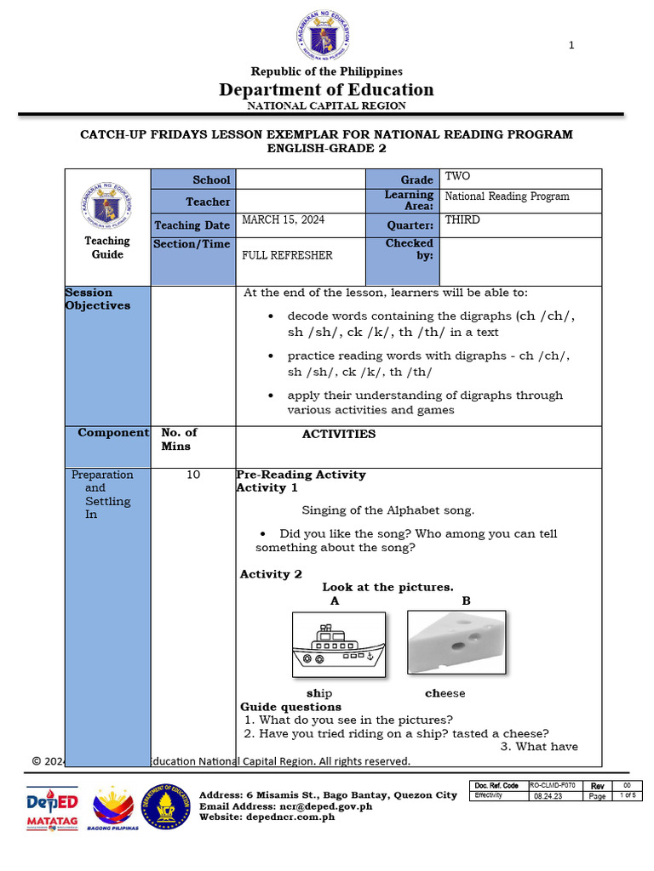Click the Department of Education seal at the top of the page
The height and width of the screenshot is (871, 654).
coord(323,37)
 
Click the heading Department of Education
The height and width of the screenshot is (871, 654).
coord(326,90)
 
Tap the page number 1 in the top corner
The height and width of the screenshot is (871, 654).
coord(571,45)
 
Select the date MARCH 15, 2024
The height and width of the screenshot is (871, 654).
coord(284,219)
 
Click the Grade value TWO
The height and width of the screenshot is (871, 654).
coord(457,176)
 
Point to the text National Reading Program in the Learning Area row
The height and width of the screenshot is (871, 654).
coord(507,196)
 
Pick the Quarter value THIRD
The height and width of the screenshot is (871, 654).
coord(462,219)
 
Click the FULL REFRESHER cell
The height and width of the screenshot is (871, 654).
coord(287,255)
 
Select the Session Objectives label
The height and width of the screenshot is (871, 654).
coord(98,299)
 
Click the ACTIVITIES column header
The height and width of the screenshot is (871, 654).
coord(339,434)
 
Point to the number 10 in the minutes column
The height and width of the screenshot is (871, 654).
coord(193,475)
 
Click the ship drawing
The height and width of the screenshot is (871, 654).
coord(338,644)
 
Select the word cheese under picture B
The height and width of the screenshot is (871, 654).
coord(445,693)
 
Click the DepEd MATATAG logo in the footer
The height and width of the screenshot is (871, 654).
coord(52,810)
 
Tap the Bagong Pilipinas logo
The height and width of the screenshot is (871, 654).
coord(112,810)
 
